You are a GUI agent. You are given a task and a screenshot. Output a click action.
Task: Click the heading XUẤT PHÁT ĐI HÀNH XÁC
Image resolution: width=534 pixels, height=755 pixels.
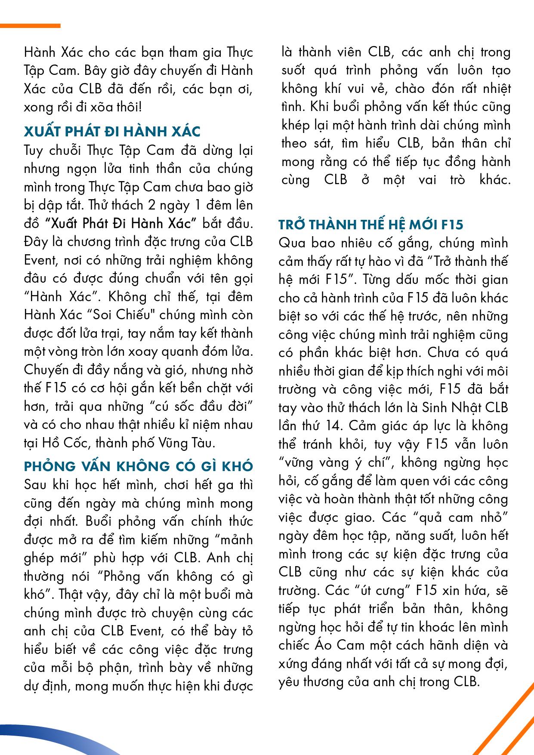point(112,131)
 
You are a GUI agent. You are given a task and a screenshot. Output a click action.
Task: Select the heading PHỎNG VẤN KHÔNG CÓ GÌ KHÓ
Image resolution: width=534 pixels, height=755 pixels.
point(138,466)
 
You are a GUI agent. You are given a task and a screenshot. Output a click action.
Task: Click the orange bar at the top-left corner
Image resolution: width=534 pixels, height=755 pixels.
point(30,26)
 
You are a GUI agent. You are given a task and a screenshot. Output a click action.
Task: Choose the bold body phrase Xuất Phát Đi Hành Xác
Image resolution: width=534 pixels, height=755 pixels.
point(121,223)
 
